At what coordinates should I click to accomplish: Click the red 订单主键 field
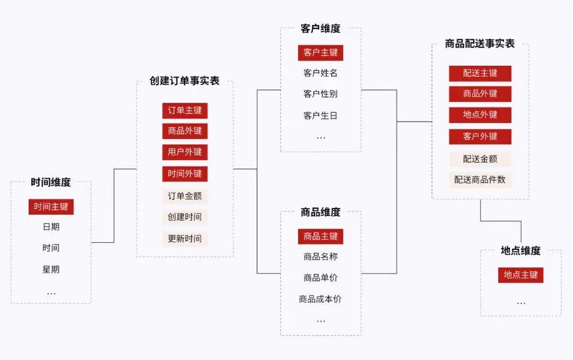(x=185, y=111)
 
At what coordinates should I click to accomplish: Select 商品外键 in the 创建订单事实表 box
(x=185, y=131)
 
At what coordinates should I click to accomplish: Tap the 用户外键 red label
(x=185, y=153)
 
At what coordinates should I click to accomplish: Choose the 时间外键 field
(x=185, y=174)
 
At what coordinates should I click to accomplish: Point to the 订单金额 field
(x=185, y=196)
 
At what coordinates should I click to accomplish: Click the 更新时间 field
(x=185, y=239)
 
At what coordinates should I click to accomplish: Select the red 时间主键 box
(x=51, y=207)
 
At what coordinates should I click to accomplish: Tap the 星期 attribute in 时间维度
(x=51, y=270)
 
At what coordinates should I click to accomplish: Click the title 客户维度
(x=320, y=29)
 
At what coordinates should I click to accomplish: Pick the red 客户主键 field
(x=320, y=52)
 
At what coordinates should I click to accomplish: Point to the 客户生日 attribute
(x=320, y=116)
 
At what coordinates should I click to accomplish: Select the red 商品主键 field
(x=320, y=236)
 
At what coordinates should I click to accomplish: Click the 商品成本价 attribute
(x=320, y=300)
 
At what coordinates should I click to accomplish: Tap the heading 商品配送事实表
(x=480, y=44)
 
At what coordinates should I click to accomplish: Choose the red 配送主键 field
(x=480, y=73)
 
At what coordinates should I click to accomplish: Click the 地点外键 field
(x=480, y=115)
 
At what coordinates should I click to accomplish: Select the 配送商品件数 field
(x=480, y=180)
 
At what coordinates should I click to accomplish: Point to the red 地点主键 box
(x=520, y=275)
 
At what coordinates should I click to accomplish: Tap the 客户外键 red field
(x=480, y=137)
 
